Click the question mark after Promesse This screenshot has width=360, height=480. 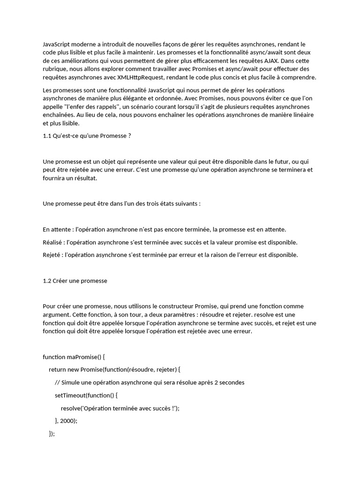click(129, 136)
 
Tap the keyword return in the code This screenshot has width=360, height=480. click(57, 369)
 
